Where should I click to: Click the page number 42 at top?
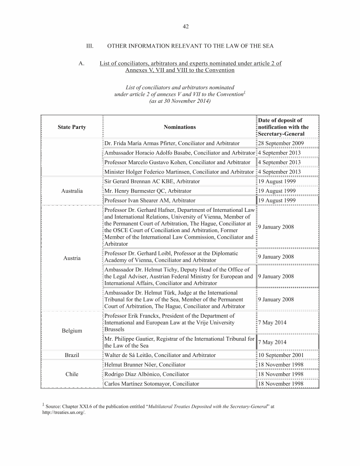(186, 26)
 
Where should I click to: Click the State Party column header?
(72, 127)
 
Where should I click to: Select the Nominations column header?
(180, 127)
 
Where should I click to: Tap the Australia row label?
(72, 191)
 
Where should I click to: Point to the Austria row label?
(72, 258)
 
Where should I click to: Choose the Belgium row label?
(72, 331)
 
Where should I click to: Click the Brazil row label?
(72, 355)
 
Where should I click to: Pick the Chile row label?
(72, 374)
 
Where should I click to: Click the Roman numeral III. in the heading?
(90, 46)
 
